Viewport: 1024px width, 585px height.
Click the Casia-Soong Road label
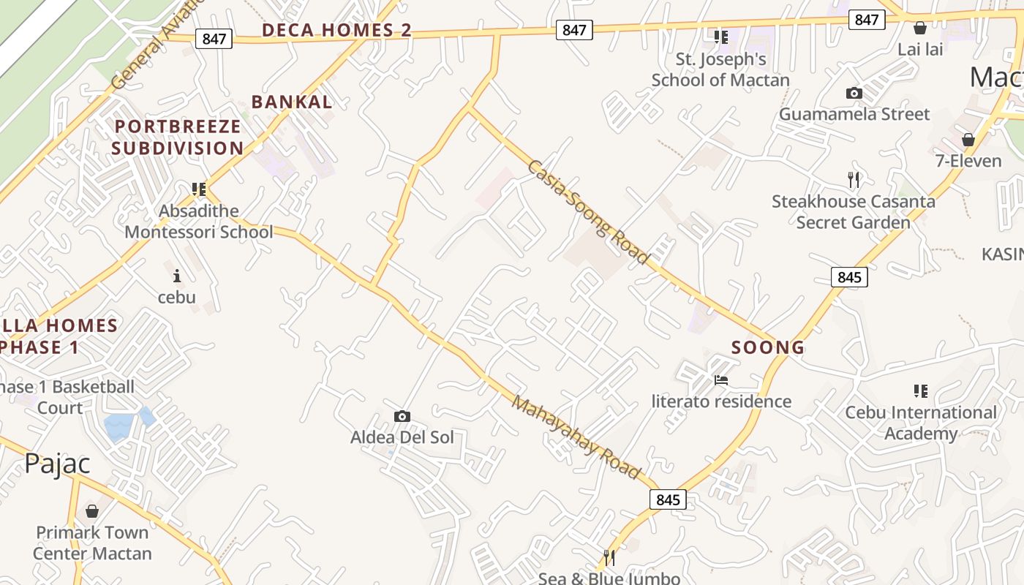[x=588, y=212]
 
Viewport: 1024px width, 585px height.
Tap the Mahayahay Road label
[x=576, y=437]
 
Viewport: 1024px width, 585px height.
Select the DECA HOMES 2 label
[x=336, y=30]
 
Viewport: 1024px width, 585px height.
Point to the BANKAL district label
[x=292, y=102]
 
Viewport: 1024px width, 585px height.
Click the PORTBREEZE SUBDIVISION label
[x=178, y=137]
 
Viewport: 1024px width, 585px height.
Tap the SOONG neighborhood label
[x=768, y=347]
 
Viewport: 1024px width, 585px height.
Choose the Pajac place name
[x=57, y=464]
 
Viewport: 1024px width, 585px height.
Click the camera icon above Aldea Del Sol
[x=402, y=416]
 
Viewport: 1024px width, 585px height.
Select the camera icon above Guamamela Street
[x=854, y=93]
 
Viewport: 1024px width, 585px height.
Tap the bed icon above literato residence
[x=721, y=380]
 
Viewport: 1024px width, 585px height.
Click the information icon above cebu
[x=176, y=276]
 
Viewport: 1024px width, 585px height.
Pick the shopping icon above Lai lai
[x=920, y=28]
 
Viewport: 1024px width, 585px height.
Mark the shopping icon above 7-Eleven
[x=968, y=139]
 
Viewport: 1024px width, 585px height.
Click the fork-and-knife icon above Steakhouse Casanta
[x=853, y=179]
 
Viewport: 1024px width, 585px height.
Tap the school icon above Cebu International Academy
[x=920, y=391]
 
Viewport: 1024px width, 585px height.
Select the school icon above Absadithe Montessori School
[x=198, y=189]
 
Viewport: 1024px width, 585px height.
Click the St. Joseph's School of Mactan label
[x=720, y=69]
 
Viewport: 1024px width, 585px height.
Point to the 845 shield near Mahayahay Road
[x=668, y=499]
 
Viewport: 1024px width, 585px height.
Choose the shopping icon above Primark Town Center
[x=92, y=510]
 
